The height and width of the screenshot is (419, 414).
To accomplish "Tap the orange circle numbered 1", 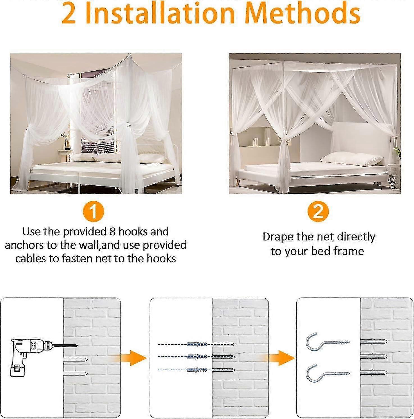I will tap(94, 211).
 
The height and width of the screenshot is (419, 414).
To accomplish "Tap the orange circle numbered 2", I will tap(318, 211).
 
